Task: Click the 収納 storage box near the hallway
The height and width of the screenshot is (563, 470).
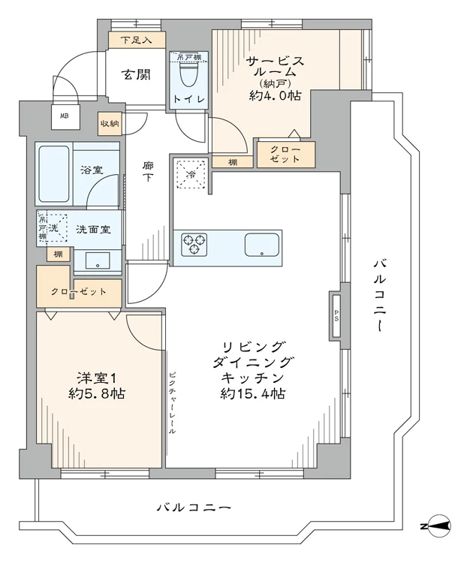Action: pyautogui.click(x=110, y=123)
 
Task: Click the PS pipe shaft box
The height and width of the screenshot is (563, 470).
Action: pyautogui.click(x=335, y=313)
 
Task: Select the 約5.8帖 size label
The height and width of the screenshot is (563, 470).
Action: pyautogui.click(x=96, y=393)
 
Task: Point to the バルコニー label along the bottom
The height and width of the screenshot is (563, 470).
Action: pyautogui.click(x=194, y=508)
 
